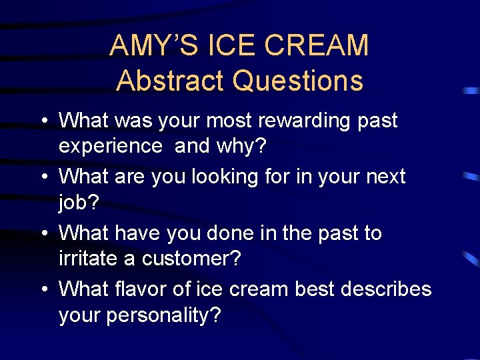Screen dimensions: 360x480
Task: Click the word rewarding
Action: (x=301, y=121)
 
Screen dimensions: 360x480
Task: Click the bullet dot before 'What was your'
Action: (x=43, y=122)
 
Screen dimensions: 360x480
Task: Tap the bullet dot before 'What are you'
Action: (x=43, y=178)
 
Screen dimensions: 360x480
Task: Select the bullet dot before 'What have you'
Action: (x=43, y=235)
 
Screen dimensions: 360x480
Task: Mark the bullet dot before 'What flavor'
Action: (x=43, y=291)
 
